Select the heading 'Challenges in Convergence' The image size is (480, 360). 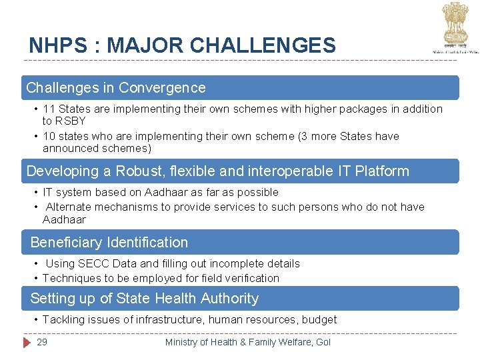(x=116, y=88)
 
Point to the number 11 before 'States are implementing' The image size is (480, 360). (x=49, y=109)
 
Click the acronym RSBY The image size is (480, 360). (x=70, y=121)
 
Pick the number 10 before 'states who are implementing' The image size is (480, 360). (x=49, y=136)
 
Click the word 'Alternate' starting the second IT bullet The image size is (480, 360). (x=69, y=207)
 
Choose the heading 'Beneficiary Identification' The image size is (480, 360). (x=109, y=242)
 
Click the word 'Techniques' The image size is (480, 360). (x=71, y=278)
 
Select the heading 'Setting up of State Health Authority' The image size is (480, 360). (x=144, y=298)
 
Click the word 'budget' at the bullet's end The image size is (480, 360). (x=319, y=319)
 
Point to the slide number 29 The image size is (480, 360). (x=42, y=342)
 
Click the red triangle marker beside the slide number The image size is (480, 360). (x=27, y=342)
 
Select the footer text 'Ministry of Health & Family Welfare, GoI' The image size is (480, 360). (x=247, y=342)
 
